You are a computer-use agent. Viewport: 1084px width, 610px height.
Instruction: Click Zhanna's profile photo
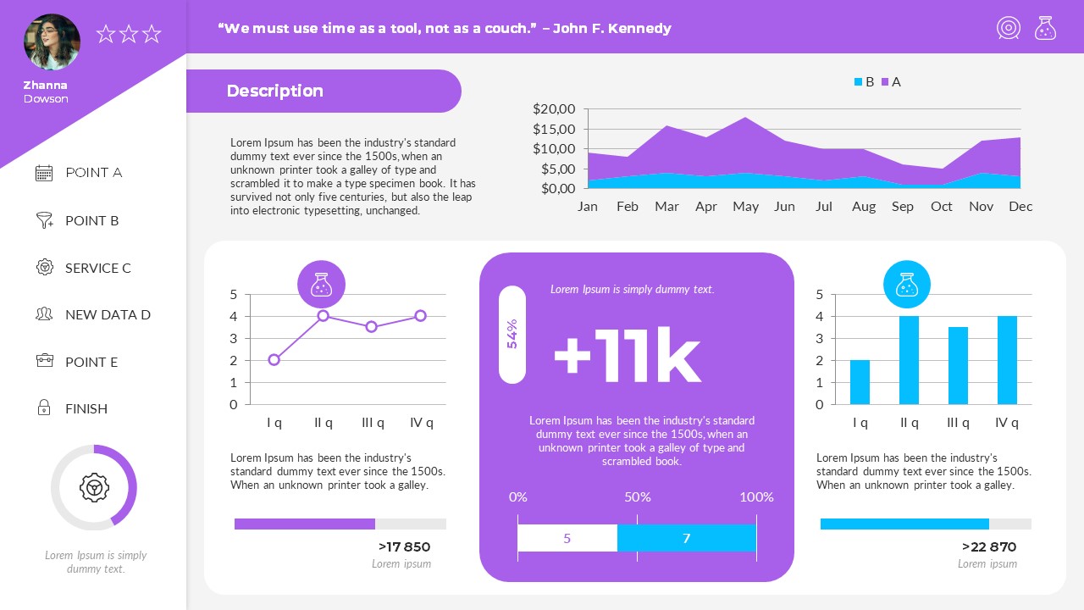tap(52, 42)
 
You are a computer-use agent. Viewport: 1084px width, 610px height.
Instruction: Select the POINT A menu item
tap(93, 173)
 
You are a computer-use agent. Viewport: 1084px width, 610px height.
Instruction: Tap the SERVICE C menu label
tap(98, 268)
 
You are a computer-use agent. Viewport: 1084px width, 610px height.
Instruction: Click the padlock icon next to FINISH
tap(44, 408)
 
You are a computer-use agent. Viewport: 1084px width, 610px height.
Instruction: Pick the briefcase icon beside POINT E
tap(44, 361)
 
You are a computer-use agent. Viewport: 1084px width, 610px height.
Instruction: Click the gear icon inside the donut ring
tap(94, 487)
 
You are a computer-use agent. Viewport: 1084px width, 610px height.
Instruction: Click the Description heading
tap(275, 91)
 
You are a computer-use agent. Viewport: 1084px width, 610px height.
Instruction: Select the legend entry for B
tap(864, 82)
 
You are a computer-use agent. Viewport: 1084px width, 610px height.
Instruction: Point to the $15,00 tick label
tap(554, 129)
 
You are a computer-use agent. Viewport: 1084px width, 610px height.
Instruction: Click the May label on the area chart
tap(745, 207)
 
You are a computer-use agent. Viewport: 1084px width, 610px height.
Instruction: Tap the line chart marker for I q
tap(274, 360)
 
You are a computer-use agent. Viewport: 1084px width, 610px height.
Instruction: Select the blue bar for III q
tap(958, 365)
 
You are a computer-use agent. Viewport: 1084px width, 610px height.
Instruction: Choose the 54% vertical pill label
tap(512, 334)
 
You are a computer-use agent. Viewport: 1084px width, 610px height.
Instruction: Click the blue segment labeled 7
tap(687, 538)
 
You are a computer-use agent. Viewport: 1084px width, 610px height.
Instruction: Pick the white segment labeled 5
tap(567, 538)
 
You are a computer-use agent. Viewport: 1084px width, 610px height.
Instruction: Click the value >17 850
tap(405, 547)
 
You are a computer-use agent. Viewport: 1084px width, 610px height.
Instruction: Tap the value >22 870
tap(990, 547)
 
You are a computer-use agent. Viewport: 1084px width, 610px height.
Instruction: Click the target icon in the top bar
tap(1009, 28)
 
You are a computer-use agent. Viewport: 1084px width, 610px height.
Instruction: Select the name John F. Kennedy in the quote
tap(612, 29)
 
